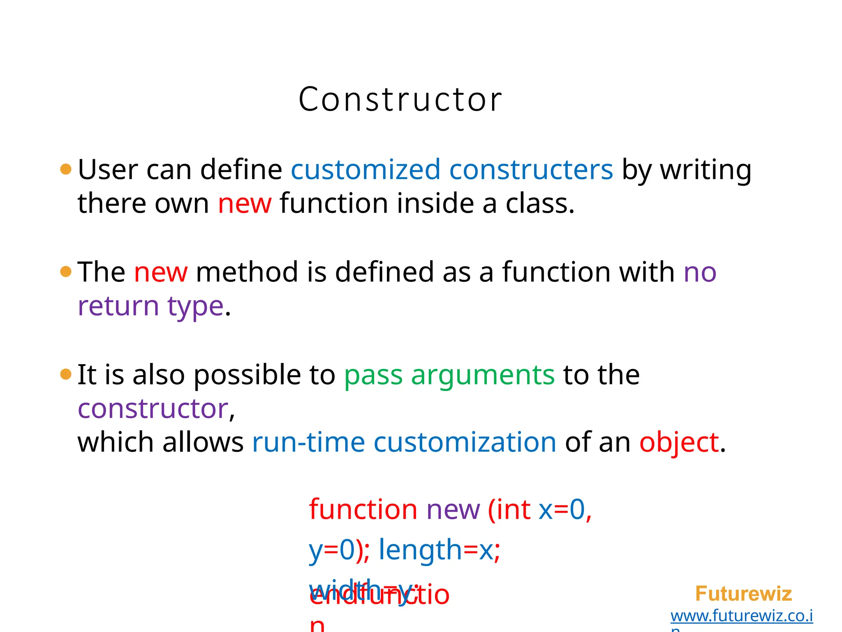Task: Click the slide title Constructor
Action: coord(400,100)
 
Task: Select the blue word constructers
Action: coord(531,170)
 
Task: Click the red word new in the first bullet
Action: coord(245,204)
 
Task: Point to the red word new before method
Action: coord(161,272)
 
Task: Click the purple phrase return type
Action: coord(150,307)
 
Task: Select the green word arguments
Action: coord(483,375)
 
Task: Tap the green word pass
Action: coord(373,375)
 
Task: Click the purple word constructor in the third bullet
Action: coord(153,409)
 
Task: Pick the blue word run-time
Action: coord(308,442)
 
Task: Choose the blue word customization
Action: coord(465,442)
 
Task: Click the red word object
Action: coord(679,442)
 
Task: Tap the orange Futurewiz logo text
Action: coord(743,594)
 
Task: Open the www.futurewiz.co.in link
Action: coord(741,616)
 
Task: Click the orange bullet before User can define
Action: coord(66,169)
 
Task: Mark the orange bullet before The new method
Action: coord(66,272)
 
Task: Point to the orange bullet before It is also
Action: coord(66,374)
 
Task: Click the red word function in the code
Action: coord(363,510)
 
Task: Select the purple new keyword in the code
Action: coord(453,510)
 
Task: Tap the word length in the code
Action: coord(420,550)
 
